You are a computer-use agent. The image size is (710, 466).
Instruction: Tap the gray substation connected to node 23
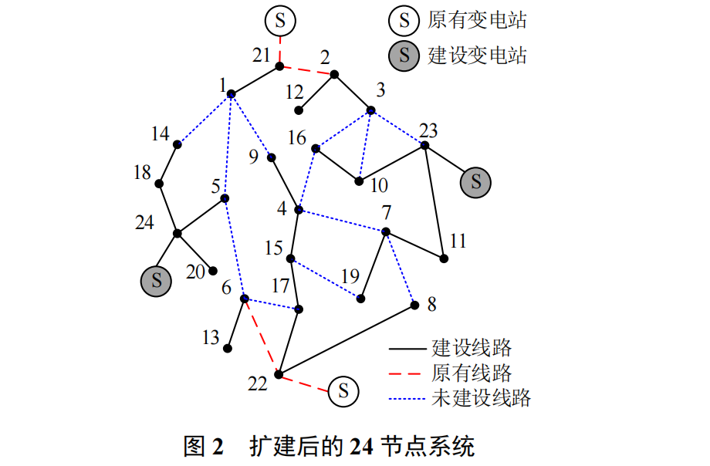(476, 182)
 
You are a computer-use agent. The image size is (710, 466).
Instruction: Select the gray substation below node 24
(156, 280)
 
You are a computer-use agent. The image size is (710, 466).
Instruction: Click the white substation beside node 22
(343, 391)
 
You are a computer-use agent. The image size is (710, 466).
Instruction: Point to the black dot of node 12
(299, 110)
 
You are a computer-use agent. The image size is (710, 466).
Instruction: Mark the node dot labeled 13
(228, 348)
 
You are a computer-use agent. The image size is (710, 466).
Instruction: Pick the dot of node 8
(414, 306)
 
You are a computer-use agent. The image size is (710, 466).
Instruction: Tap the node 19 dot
(360, 298)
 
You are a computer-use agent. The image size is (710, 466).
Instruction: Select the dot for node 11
(444, 258)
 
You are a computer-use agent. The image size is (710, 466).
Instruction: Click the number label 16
(297, 138)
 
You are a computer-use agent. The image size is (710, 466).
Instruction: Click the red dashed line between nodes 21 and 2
(307, 70)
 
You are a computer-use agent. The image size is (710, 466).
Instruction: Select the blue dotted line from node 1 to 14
(204, 120)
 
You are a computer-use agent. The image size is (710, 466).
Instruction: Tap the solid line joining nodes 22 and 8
(347, 339)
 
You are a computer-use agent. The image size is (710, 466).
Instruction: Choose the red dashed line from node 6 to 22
(262, 337)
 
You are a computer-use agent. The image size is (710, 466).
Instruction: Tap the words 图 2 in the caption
(203, 447)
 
